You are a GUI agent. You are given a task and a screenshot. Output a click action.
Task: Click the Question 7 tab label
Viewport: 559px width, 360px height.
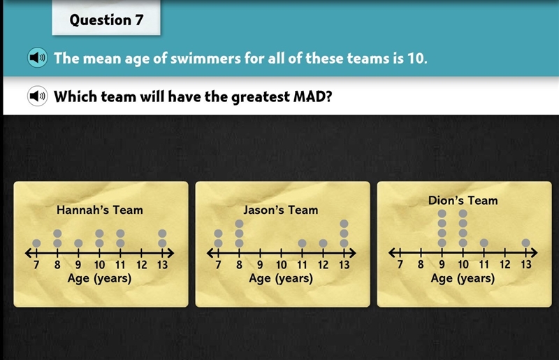point(106,20)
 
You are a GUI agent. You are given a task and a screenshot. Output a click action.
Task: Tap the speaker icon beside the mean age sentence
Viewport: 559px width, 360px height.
point(38,57)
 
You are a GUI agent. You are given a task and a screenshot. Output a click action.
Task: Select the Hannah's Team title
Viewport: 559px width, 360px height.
point(100,210)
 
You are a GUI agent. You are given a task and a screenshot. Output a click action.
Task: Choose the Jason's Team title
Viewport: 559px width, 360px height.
point(281,210)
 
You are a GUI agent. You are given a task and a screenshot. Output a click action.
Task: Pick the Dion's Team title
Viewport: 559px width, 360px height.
point(463,200)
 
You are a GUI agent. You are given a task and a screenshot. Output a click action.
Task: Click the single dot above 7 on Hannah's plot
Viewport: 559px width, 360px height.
point(36,243)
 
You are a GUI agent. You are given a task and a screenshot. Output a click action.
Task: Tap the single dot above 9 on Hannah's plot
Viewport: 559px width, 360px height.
point(78,243)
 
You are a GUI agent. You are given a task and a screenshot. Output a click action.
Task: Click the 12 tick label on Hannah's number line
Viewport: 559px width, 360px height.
point(142,265)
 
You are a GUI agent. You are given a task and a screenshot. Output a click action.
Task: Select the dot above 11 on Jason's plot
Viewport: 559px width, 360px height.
point(302,243)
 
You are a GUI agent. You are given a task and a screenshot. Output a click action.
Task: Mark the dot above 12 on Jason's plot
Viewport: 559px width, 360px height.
point(323,243)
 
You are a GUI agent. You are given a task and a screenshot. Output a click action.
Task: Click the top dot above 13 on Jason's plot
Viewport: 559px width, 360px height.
point(344,224)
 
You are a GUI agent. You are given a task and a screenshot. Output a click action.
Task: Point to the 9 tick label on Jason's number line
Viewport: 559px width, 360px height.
point(260,265)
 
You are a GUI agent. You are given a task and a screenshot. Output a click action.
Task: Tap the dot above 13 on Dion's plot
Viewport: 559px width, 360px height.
point(526,243)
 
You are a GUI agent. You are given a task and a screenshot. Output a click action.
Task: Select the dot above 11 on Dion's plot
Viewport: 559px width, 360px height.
point(484,243)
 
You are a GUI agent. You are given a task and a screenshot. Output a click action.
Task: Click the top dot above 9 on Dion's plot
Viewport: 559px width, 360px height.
point(442,214)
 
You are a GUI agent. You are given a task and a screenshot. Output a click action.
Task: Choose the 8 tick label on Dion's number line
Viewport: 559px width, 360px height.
point(421,264)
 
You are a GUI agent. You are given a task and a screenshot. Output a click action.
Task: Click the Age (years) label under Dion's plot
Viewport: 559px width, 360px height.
point(463,278)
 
